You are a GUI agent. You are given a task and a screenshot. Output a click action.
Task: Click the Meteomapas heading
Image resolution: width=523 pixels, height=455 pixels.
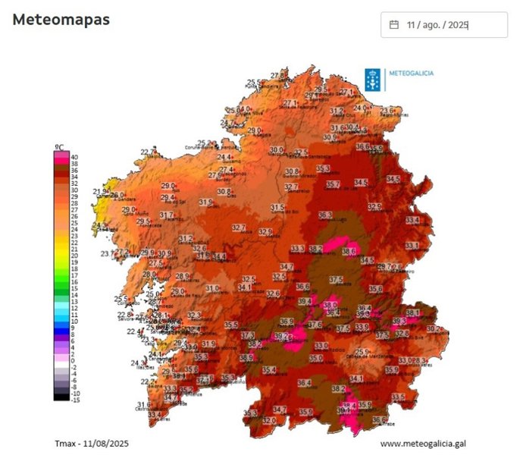click(61, 20)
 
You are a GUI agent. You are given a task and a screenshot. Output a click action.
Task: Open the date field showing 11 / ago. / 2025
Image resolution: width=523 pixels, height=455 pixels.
click(444, 25)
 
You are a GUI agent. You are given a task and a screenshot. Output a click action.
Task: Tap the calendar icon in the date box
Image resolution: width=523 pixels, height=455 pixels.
click(394, 25)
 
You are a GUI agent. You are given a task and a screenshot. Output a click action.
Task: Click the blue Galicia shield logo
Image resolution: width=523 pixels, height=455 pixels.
click(373, 79)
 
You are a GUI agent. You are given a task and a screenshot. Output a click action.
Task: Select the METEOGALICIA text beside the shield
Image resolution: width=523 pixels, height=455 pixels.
click(411, 73)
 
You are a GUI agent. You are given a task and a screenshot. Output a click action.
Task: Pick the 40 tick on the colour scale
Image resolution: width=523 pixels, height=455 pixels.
click(74, 157)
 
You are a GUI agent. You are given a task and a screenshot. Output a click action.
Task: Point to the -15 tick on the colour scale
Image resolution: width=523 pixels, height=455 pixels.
click(75, 400)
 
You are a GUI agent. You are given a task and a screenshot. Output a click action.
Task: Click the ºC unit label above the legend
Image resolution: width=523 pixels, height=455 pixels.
click(58, 147)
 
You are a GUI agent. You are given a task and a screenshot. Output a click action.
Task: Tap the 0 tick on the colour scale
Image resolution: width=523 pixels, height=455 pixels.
click(73, 360)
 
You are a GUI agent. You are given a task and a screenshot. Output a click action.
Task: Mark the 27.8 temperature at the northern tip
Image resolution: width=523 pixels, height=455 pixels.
click(279, 76)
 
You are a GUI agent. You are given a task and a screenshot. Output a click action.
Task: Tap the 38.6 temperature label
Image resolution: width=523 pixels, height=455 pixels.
click(349, 251)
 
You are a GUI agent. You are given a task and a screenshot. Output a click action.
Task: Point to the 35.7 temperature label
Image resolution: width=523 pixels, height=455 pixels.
click(333, 184)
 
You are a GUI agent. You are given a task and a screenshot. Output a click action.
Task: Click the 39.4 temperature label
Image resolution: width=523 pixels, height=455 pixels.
click(305, 301)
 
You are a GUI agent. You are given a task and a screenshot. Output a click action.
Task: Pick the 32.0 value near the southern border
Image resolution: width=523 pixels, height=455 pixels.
click(270, 419)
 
